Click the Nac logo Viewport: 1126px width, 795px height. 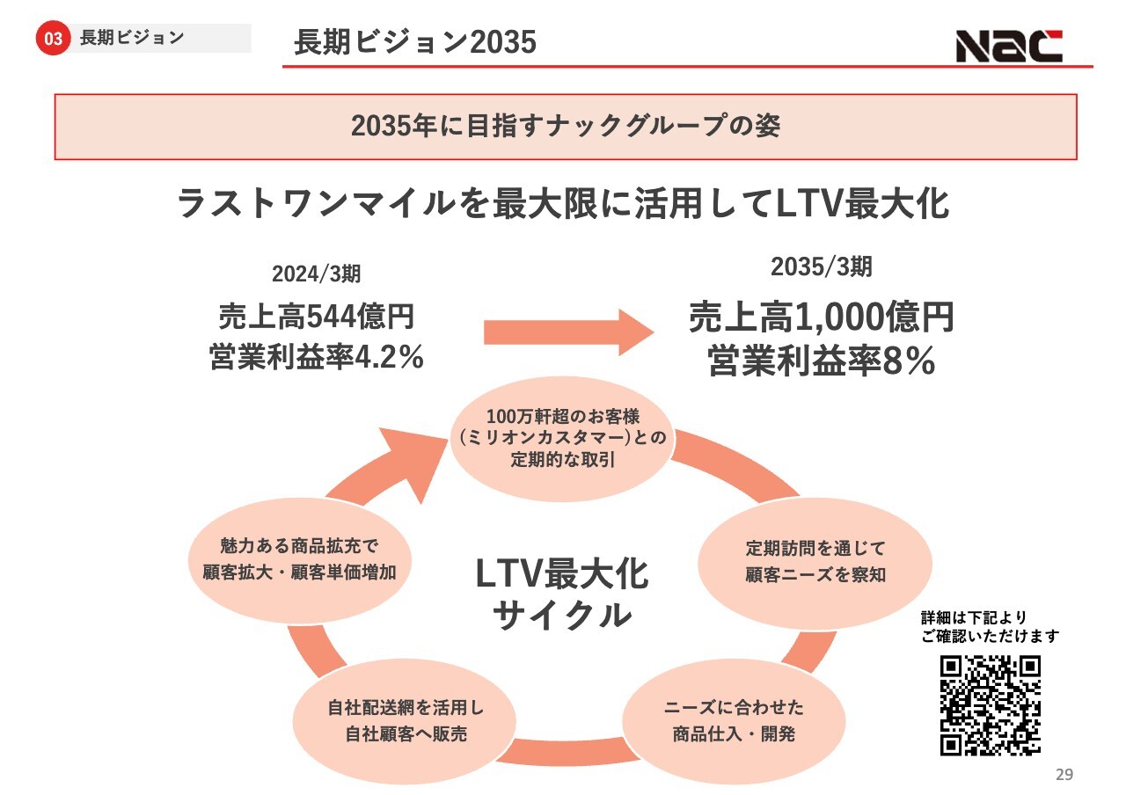click(x=1009, y=46)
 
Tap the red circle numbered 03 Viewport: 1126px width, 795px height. click(x=53, y=38)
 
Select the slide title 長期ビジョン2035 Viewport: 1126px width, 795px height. click(x=415, y=41)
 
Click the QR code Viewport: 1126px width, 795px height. click(x=991, y=705)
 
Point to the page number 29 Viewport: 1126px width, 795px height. click(x=1064, y=775)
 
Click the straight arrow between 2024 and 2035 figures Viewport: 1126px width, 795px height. click(x=568, y=332)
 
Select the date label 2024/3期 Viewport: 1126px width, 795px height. click(x=316, y=274)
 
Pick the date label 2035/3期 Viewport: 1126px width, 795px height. click(x=822, y=266)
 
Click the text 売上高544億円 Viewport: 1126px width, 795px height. click(x=316, y=316)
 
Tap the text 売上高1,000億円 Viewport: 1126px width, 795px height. click(x=822, y=317)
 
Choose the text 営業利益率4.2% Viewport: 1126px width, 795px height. click(x=316, y=357)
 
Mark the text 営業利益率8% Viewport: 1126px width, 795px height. click(x=822, y=361)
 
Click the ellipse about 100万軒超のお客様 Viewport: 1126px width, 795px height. click(x=562, y=439)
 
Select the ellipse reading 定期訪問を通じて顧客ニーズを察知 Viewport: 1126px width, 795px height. click(x=815, y=562)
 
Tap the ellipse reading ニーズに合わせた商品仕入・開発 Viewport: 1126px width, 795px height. click(x=734, y=721)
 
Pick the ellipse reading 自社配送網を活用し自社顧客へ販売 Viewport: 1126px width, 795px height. click(x=405, y=721)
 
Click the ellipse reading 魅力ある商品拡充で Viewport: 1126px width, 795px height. click(x=300, y=560)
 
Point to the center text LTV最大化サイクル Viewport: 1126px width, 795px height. click(x=562, y=594)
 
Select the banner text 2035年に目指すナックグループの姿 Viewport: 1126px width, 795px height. click(x=566, y=126)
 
